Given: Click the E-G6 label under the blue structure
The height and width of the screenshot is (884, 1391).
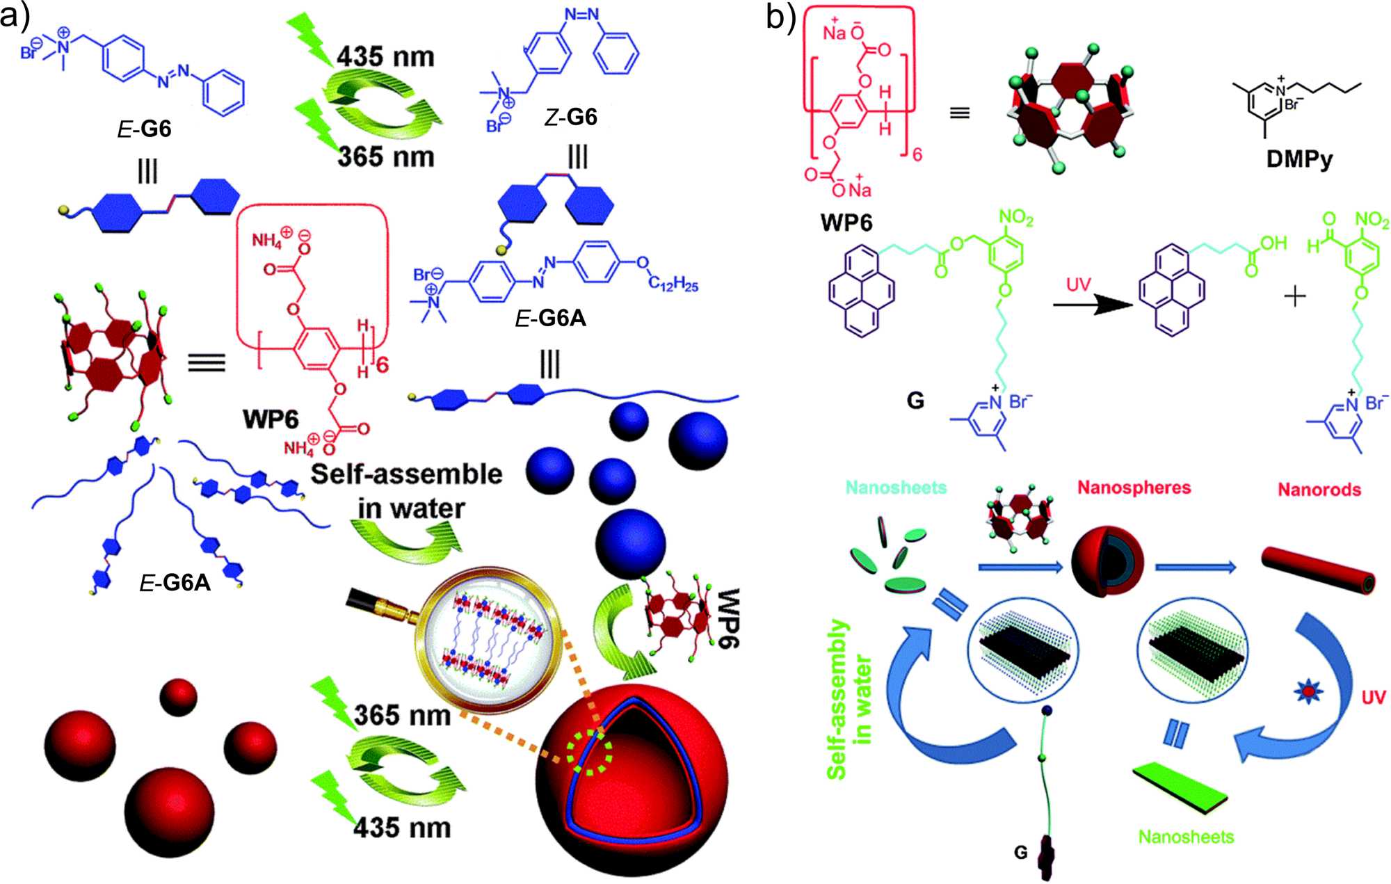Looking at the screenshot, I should tap(144, 129).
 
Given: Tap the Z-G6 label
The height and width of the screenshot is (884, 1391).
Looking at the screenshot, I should tap(570, 117).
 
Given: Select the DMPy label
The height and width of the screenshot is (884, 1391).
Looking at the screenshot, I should tap(1299, 159).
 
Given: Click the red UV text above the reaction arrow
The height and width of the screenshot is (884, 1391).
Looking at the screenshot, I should tap(1078, 284).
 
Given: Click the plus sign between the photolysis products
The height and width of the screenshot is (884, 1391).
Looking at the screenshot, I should tap(1294, 297).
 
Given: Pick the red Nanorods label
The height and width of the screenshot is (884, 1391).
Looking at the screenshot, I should tap(1319, 490).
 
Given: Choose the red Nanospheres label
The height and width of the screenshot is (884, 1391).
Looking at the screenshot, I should tap(1134, 488).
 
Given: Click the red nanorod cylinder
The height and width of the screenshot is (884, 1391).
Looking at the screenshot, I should tap(1318, 570).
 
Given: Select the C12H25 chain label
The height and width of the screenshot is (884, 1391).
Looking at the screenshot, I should tap(673, 283).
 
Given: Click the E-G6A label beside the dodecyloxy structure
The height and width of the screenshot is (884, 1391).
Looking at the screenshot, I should tap(550, 318).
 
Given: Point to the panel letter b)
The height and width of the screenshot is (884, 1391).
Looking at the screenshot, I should tap(780, 17).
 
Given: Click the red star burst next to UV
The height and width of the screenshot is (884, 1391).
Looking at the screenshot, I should tap(1308, 691).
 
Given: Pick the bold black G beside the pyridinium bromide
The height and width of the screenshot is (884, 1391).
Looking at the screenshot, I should tap(915, 401).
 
